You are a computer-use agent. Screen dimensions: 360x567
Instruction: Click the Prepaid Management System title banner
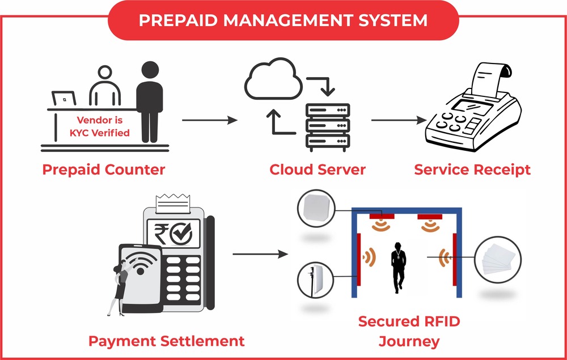pyautogui.click(x=283, y=21)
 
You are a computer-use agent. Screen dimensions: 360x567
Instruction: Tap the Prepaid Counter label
pyautogui.click(x=104, y=169)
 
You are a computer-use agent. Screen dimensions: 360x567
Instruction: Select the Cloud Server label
pyautogui.click(x=318, y=169)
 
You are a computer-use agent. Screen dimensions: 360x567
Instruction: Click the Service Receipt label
pyautogui.click(x=472, y=169)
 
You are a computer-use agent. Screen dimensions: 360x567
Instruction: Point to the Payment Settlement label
pyautogui.click(x=166, y=341)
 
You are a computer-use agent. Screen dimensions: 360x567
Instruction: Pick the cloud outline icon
pyautogui.click(x=272, y=83)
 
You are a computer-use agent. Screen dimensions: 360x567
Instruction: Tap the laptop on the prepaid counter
pyautogui.click(x=64, y=99)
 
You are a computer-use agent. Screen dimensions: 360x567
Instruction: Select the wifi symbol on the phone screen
pyautogui.click(x=136, y=264)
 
